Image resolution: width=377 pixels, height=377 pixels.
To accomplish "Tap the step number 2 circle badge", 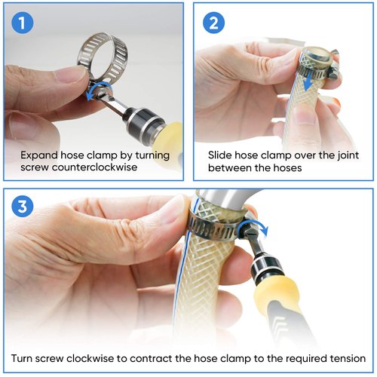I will point(213,23).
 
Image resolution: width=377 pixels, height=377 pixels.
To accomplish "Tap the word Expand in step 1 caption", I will point(38,155).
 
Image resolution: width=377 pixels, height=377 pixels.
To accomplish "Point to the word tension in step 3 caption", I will point(348,357).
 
